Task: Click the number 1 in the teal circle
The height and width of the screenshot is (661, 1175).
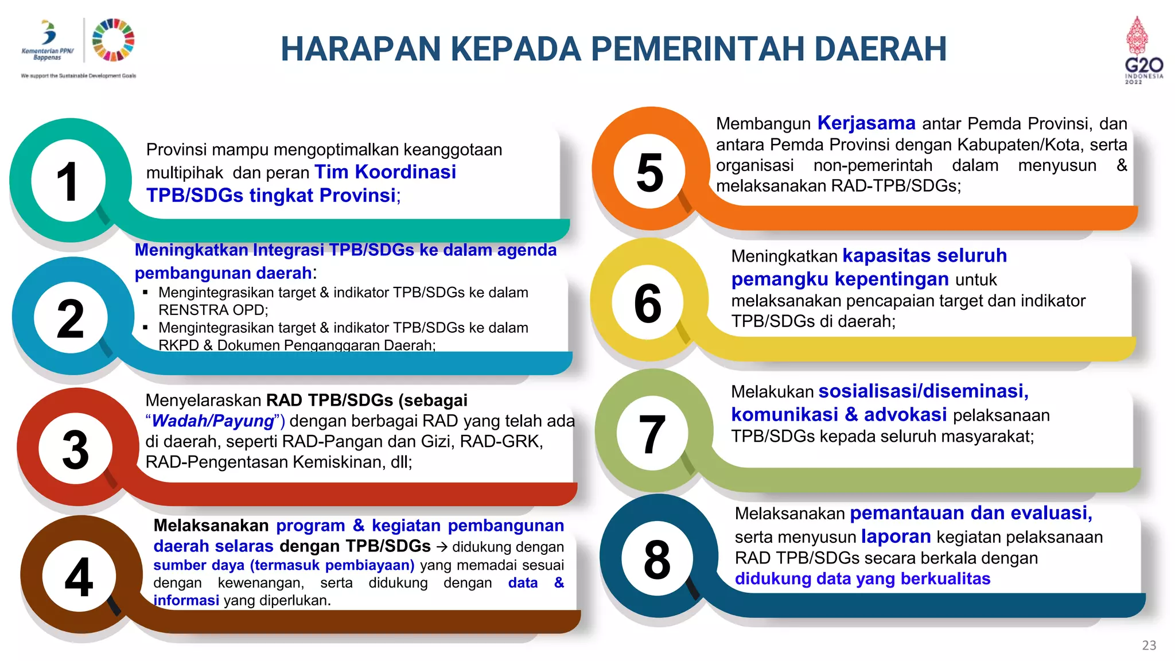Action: (x=68, y=182)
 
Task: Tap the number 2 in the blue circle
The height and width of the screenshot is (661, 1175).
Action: (x=71, y=318)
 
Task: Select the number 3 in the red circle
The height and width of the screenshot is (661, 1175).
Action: (x=75, y=449)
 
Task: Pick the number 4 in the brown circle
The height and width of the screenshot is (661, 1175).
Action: (x=79, y=577)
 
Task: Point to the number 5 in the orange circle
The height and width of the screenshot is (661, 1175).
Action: (x=649, y=172)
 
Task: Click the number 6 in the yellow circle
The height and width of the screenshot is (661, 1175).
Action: (x=648, y=303)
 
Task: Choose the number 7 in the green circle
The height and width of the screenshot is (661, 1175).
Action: (x=652, y=434)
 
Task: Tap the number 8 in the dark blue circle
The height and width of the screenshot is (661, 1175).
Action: (x=657, y=559)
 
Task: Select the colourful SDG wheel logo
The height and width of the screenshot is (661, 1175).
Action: (x=113, y=40)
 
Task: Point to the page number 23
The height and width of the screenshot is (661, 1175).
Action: (x=1149, y=646)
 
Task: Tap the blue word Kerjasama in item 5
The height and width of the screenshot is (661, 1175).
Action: (x=866, y=123)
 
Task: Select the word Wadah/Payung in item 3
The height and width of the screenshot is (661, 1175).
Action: (x=213, y=421)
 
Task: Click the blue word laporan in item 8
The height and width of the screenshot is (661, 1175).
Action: (x=896, y=536)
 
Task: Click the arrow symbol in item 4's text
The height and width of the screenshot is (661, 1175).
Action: (x=441, y=547)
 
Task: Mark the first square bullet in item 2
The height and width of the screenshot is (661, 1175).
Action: (x=146, y=293)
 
